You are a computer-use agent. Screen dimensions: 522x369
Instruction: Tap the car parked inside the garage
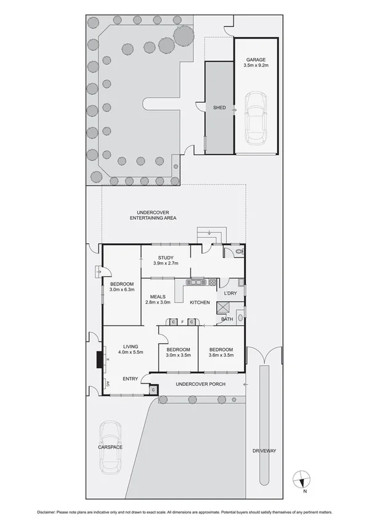(255, 117)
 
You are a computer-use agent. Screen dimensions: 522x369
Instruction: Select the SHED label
(219, 108)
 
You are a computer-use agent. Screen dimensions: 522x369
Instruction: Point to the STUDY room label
(165, 258)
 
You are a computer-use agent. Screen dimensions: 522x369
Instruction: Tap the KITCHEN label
(200, 303)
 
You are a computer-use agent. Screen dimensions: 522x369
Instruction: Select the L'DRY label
(230, 293)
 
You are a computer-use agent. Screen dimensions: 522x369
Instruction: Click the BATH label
(227, 319)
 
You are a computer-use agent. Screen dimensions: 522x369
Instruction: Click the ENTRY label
(131, 379)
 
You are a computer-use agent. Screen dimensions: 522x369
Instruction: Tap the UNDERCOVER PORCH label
(200, 384)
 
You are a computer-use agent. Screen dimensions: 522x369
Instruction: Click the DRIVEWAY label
(264, 451)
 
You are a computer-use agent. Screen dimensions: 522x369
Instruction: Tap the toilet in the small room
(238, 252)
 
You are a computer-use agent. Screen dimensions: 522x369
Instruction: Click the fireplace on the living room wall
(99, 359)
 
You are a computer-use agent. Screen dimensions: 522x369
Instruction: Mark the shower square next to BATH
(224, 308)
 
